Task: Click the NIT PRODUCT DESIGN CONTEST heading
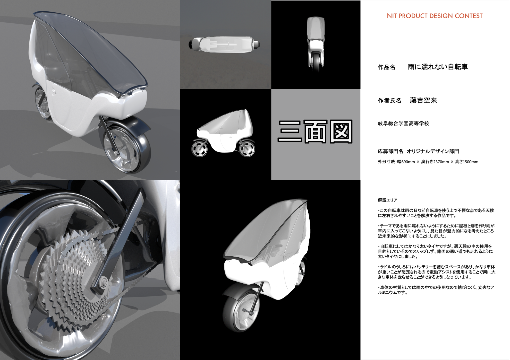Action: [x=435, y=16]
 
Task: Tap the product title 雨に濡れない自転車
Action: [x=438, y=67]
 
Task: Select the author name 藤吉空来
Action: [x=423, y=100]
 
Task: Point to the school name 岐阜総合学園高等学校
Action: [x=403, y=124]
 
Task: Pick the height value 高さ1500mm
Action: [x=467, y=162]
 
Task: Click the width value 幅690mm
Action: [x=406, y=162]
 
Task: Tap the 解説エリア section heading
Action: [x=387, y=200]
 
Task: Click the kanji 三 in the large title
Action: [x=290, y=131]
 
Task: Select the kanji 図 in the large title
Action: [x=341, y=131]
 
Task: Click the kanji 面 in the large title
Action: [x=316, y=131]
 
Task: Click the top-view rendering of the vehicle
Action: [x=224, y=44]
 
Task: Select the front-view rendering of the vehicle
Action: [x=316, y=44]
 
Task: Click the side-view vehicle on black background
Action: [x=224, y=133]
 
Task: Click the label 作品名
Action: [x=387, y=67]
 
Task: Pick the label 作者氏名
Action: [x=389, y=101]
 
